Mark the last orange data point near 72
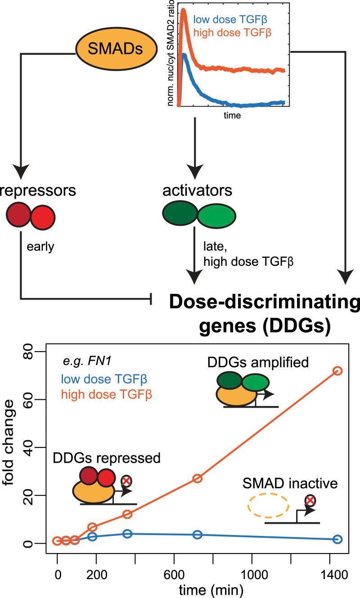(337, 370)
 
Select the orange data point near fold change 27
(197, 478)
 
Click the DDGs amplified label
(265, 362)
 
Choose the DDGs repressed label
(107, 458)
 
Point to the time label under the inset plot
(232, 116)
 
